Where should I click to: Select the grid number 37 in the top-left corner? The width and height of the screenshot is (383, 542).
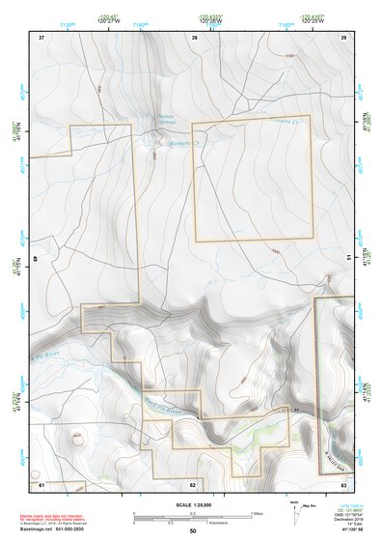(x=41, y=37)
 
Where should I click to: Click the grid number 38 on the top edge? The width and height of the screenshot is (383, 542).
(x=195, y=37)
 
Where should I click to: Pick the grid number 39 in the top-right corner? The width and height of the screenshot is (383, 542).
(x=343, y=37)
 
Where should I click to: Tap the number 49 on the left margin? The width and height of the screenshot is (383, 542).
(x=36, y=258)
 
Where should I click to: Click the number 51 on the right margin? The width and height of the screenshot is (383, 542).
(x=349, y=258)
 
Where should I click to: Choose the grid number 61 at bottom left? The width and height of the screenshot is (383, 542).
(x=41, y=483)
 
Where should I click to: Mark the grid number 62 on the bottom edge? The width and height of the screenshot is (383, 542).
(x=193, y=483)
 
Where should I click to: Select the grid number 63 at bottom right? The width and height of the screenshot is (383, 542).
(x=343, y=483)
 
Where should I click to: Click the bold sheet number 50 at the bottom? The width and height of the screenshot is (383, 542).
(x=193, y=530)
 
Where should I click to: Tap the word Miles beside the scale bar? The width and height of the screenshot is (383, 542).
(x=257, y=512)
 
